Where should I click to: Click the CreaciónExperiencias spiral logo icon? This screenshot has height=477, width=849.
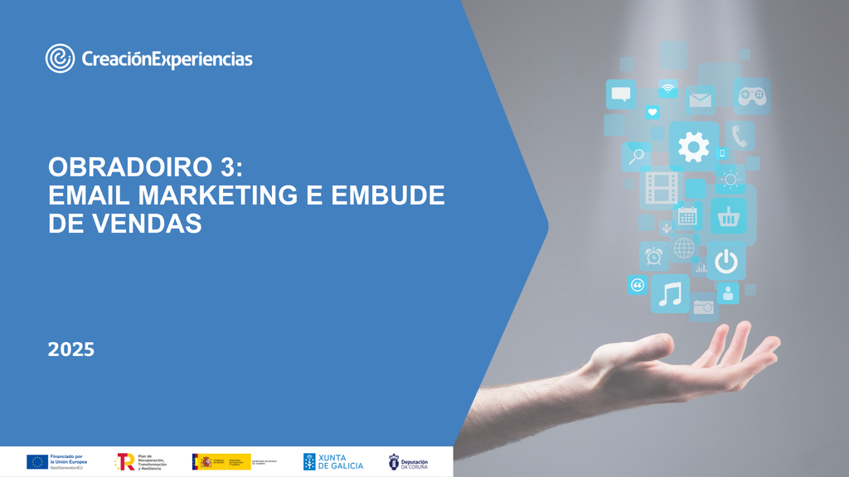point(61,58)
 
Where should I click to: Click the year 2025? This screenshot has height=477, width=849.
point(71,349)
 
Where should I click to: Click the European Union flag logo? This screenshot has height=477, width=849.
point(37,461)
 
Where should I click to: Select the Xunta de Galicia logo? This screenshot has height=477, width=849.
point(332,461)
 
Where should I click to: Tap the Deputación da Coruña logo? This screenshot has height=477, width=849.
point(409,461)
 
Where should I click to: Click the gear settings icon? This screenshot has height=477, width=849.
point(693,147)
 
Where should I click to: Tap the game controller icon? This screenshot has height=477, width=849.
point(751,96)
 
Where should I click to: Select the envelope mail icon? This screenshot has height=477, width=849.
point(701,100)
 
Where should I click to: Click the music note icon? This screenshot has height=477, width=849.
point(670,294)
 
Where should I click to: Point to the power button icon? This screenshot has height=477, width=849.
point(726,261)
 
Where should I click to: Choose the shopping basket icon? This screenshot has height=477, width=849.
point(729,217)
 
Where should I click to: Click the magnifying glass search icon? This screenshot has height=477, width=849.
point(637,155)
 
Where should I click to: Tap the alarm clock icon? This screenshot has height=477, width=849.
point(654,256)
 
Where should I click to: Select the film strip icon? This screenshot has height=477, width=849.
point(662,188)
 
